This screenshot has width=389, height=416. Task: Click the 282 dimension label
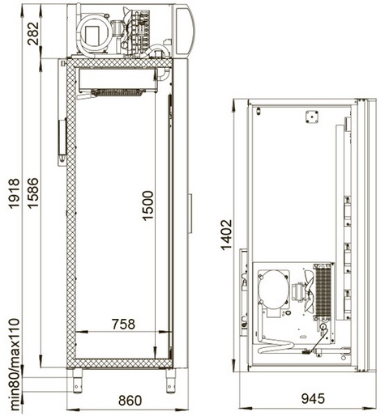pos(33,33)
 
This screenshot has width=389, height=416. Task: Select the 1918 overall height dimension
pos(14,193)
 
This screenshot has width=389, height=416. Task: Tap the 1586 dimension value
pos(33,193)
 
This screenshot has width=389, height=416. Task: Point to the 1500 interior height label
pos(147,206)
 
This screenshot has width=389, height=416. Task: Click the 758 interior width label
pos(123,324)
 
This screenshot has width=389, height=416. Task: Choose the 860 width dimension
pos(130,401)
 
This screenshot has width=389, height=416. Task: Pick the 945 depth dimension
pos(313,398)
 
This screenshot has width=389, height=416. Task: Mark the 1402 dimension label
pos(226,235)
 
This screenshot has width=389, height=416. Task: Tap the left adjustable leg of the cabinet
pos(77,380)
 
